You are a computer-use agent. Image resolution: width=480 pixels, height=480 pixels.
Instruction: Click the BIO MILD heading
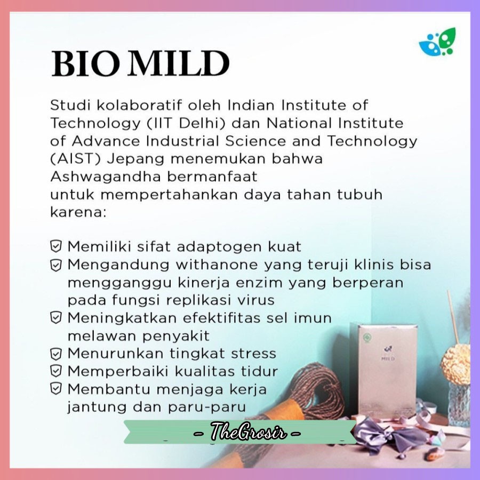(x=140, y=63)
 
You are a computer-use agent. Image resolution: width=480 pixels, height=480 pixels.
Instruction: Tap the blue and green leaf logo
(x=437, y=42)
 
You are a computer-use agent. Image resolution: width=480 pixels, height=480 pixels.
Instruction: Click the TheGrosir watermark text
(x=248, y=432)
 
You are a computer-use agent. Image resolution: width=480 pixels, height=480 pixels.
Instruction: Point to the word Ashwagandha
(x=106, y=177)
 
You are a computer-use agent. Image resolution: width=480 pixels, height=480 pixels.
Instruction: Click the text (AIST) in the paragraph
(x=76, y=159)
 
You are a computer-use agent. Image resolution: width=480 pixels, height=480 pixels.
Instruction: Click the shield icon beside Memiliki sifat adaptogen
(x=55, y=246)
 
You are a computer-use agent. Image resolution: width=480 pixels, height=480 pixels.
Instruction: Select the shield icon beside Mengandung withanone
(x=55, y=265)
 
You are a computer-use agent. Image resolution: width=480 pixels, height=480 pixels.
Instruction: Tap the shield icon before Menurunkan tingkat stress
(x=55, y=354)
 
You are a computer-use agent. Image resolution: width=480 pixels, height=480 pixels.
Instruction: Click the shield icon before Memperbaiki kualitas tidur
(x=55, y=371)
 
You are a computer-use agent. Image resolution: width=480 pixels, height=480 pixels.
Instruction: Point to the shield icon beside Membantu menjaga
(x=55, y=389)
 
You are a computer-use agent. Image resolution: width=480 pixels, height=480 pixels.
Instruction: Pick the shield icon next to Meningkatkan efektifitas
(x=55, y=318)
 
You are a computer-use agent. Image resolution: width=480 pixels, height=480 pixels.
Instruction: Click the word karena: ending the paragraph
(x=78, y=212)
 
